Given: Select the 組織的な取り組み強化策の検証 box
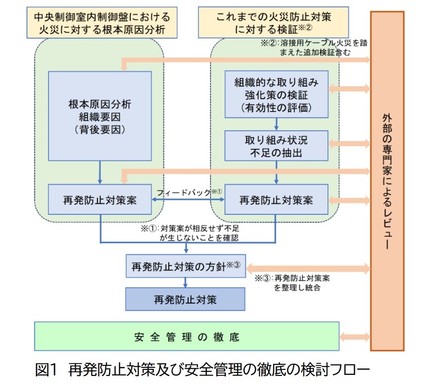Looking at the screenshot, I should [x=276, y=94].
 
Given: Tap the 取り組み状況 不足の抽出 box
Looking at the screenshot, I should [x=276, y=146].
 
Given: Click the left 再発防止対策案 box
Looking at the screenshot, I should [x=100, y=199].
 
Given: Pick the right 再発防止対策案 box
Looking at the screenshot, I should [x=276, y=199].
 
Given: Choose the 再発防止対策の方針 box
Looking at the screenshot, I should [x=185, y=265].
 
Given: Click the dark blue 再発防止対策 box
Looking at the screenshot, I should [x=185, y=299].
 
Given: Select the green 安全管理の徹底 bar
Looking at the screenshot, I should [x=186, y=337].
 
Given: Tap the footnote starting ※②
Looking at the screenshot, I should [x=313, y=47].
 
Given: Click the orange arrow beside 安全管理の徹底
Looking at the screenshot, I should [x=355, y=337].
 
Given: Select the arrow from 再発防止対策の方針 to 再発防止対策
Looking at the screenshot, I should [x=185, y=283].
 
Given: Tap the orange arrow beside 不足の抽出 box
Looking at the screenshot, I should [x=349, y=146].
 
